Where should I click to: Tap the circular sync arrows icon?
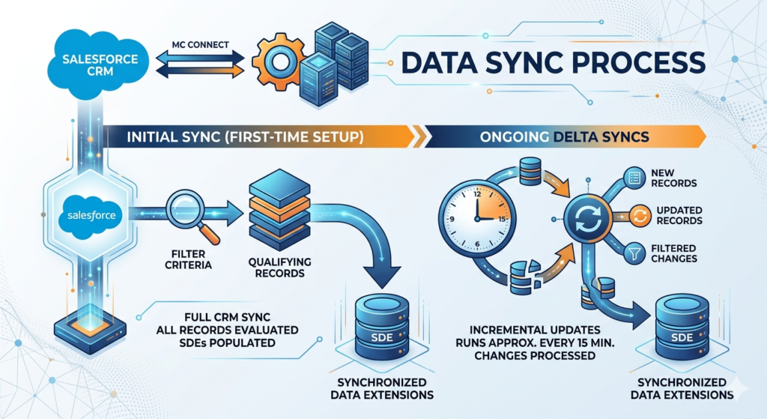tap(583, 218)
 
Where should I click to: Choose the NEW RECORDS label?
tap(675, 178)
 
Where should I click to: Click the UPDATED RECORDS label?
tap(677, 216)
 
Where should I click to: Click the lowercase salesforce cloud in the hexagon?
tap(91, 215)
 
